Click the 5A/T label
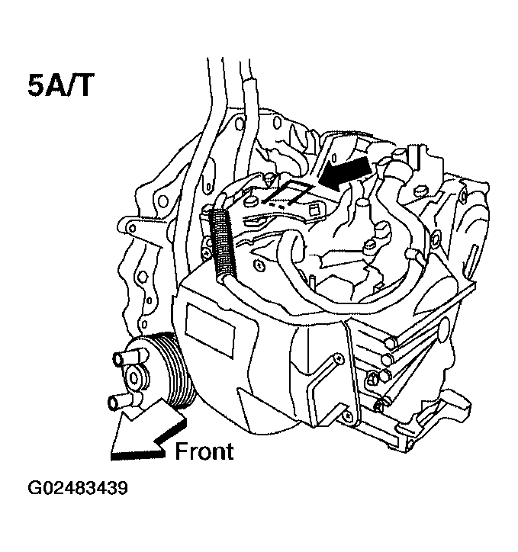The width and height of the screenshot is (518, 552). pyautogui.click(x=60, y=85)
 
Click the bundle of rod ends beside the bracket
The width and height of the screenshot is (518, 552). pyautogui.click(x=386, y=358)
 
